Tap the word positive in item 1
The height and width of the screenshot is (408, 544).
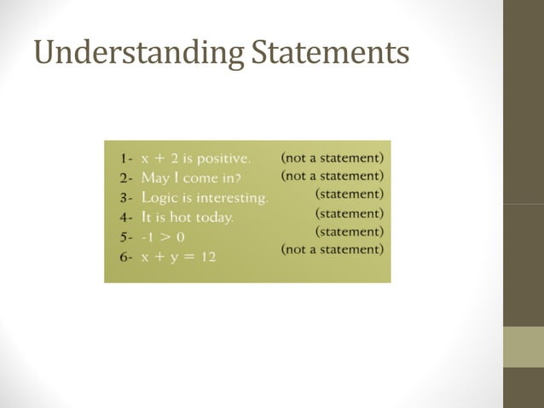coord(223,159)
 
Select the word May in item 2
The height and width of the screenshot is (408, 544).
coord(157,178)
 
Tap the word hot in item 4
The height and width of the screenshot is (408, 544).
coord(176,218)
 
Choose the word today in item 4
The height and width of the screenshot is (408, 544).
coord(213,218)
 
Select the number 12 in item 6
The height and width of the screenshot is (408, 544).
coord(208,256)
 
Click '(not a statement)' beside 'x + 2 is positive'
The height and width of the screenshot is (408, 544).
coord(332,158)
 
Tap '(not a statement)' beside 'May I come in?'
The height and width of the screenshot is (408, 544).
coord(332,176)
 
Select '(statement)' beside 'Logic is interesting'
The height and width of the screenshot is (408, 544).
coord(349,195)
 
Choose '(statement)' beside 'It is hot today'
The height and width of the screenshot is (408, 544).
coord(349,213)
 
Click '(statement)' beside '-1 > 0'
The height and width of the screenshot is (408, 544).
coord(349,231)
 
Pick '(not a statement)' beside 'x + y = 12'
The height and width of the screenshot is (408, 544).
coord(332,249)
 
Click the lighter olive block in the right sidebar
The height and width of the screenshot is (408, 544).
coord(523,347)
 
